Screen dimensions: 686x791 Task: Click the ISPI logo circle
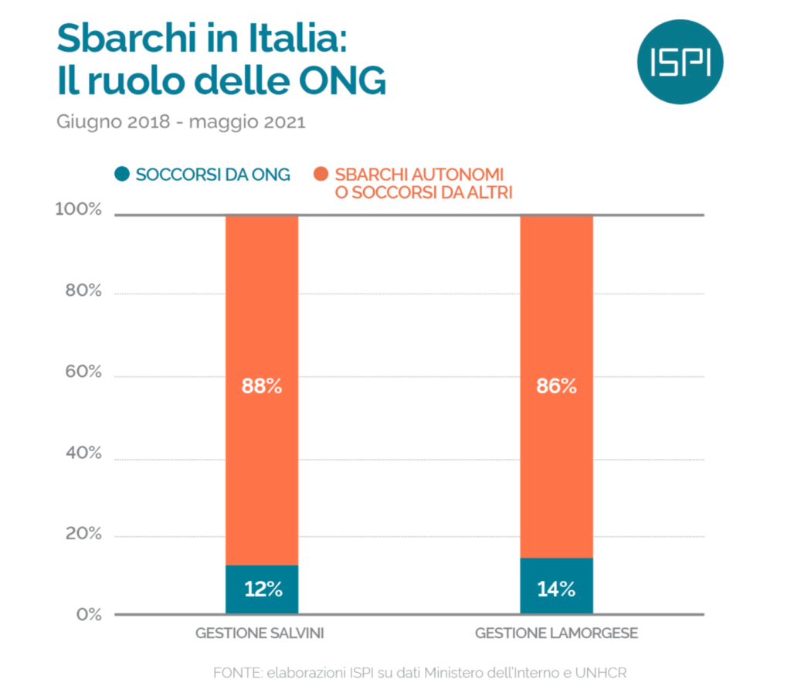pyautogui.click(x=681, y=63)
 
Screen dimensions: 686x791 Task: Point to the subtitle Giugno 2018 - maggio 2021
pyautogui.click(x=181, y=123)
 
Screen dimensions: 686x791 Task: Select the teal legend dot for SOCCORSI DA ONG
pyautogui.click(x=121, y=175)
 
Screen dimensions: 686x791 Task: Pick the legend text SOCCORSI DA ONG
pyautogui.click(x=212, y=175)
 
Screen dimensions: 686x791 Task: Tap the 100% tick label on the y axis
pyautogui.click(x=77, y=210)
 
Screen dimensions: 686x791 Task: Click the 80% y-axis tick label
pyautogui.click(x=81, y=291)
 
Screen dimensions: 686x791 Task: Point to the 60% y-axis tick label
pyautogui.click(x=81, y=372)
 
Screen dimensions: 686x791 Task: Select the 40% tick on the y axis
pyautogui.click(x=81, y=453)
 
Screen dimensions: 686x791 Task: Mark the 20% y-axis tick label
pyautogui.click(x=81, y=535)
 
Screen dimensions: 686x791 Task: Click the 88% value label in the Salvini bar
pyautogui.click(x=262, y=386)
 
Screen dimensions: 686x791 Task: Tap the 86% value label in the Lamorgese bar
pyautogui.click(x=556, y=386)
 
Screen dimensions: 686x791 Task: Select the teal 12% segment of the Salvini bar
pyautogui.click(x=262, y=589)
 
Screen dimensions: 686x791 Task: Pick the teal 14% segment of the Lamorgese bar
pyautogui.click(x=556, y=586)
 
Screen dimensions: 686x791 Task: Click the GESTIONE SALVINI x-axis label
pyautogui.click(x=260, y=633)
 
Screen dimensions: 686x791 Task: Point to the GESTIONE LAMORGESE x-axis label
pyautogui.click(x=556, y=633)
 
